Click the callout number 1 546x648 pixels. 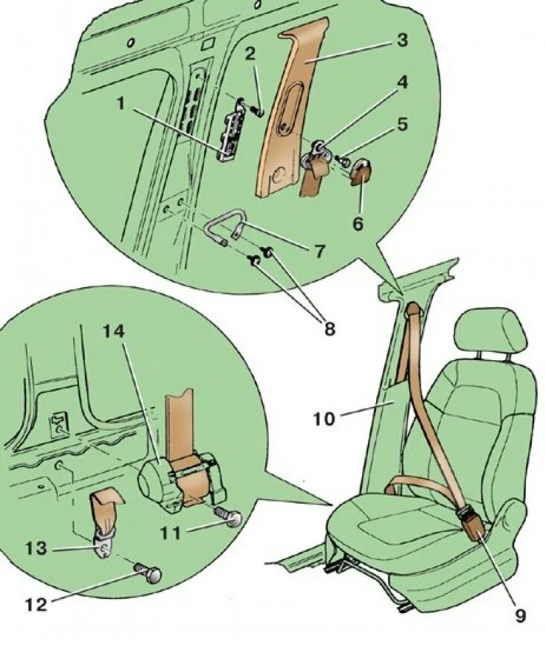click(x=121, y=103)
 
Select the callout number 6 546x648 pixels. click(x=358, y=222)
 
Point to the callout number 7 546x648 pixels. click(x=319, y=251)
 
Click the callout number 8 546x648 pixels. click(x=328, y=327)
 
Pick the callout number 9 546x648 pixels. click(x=519, y=616)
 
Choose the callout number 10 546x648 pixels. click(x=324, y=419)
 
